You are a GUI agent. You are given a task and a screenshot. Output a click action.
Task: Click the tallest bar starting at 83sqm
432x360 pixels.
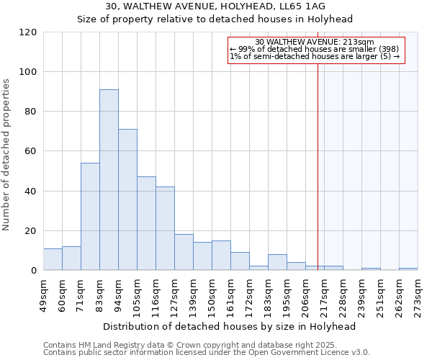point(109,180)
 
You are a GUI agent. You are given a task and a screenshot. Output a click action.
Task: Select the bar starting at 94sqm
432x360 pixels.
point(127,199)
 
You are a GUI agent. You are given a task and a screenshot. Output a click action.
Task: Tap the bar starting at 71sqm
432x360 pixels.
point(90,216)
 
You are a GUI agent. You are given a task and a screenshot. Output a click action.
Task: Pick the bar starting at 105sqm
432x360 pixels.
point(146,223)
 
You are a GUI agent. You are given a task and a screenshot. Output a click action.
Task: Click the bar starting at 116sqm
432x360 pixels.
point(165,228)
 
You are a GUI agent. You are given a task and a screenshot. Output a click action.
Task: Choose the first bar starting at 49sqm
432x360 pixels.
point(53,259)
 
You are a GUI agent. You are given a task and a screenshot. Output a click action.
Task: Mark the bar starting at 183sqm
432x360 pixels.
point(277,262)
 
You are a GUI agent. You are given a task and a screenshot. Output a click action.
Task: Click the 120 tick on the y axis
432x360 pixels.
point(28,32)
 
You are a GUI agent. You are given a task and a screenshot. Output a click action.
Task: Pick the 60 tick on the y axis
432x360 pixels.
point(31,151)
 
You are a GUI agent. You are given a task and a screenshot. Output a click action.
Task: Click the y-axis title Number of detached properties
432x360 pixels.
point(7,155)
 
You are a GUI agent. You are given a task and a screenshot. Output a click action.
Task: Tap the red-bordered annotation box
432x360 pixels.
point(317,50)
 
